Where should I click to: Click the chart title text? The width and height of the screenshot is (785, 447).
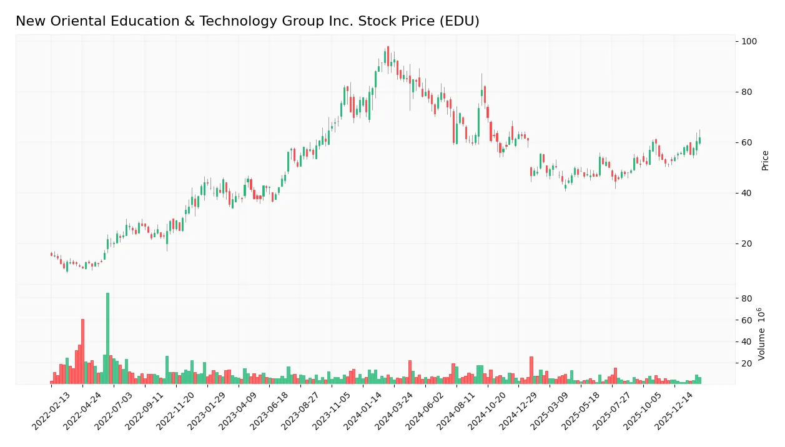[247, 21]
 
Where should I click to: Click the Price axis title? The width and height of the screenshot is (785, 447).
[765, 160]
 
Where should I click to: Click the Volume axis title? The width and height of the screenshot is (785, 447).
[762, 333]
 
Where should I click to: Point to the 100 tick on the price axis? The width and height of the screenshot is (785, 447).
[749, 42]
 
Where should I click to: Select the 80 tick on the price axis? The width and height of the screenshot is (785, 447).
[748, 92]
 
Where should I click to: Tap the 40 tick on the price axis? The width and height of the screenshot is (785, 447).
[748, 194]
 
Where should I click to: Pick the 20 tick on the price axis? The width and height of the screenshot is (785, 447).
[748, 244]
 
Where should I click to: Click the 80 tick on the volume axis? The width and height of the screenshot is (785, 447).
[746, 299]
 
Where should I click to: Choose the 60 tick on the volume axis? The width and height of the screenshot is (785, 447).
[746, 320]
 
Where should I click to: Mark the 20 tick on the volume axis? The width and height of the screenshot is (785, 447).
[746, 363]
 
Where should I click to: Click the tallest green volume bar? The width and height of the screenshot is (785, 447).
[107, 338]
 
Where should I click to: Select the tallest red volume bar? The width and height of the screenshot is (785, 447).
[82, 351]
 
